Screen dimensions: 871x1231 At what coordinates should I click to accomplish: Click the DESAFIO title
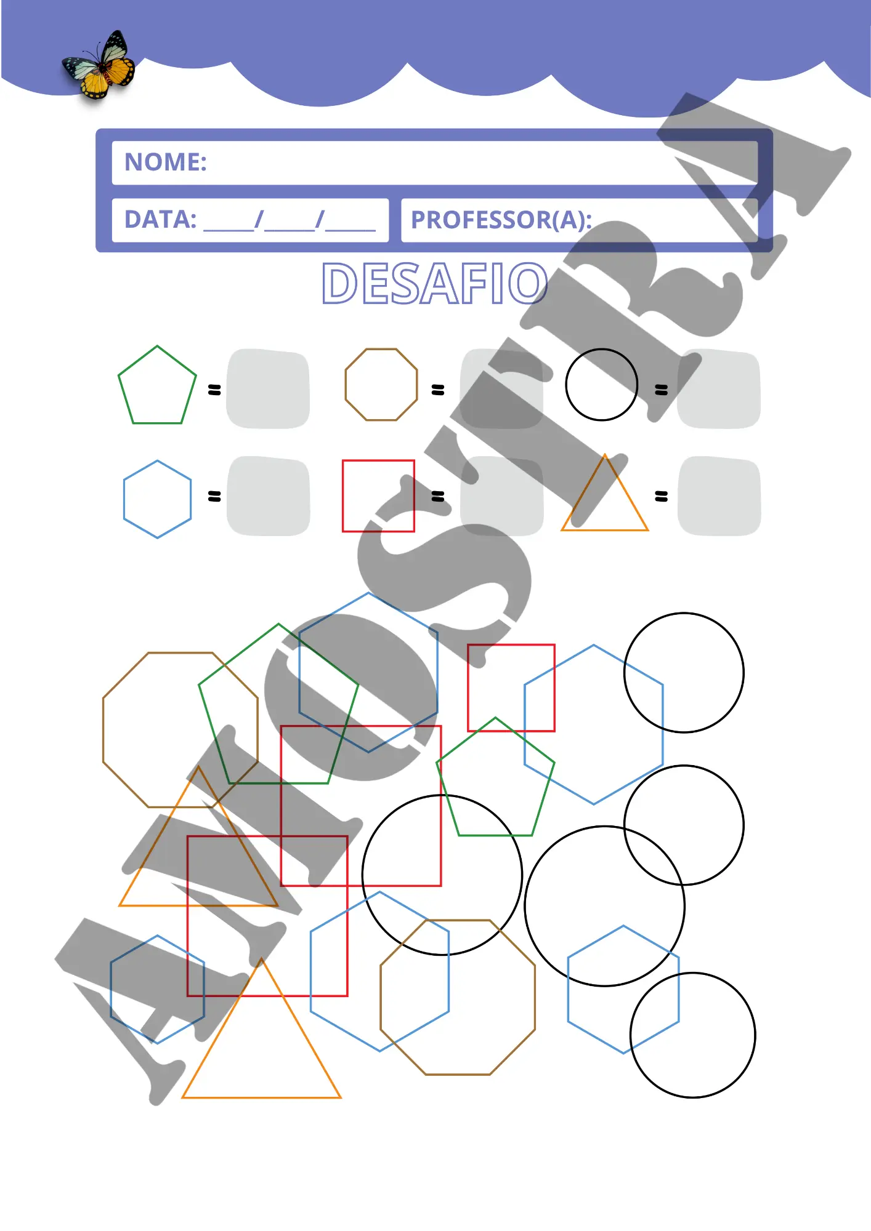[x=434, y=284]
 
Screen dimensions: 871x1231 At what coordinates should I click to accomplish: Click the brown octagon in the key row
[x=346, y=385]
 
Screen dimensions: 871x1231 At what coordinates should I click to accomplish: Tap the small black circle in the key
[x=566, y=385]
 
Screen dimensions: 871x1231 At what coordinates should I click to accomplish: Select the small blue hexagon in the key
[x=124, y=499]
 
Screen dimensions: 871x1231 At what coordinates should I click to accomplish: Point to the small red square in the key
[x=343, y=495]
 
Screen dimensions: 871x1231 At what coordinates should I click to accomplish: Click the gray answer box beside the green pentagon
[x=268, y=389]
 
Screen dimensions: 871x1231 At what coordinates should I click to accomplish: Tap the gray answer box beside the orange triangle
[x=719, y=496]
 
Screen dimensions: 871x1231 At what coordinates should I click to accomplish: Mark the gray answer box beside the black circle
[x=719, y=389]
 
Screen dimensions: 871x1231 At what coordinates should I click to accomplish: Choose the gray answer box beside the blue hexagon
[x=268, y=496]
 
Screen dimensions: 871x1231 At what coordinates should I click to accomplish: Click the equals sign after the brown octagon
[x=438, y=390]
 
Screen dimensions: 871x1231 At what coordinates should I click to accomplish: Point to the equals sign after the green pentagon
[x=214, y=390]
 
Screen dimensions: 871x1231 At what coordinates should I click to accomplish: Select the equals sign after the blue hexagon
[x=214, y=496]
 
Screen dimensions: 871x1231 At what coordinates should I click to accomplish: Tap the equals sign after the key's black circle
[x=661, y=390]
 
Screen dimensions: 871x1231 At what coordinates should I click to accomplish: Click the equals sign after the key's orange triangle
[x=661, y=496]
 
